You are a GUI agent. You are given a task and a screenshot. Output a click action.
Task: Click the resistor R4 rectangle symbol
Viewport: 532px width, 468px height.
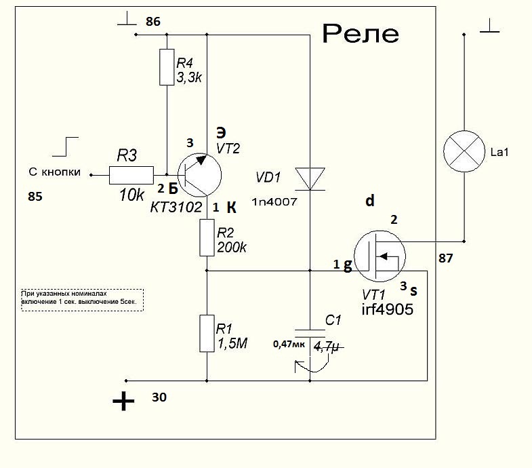coord(167,66)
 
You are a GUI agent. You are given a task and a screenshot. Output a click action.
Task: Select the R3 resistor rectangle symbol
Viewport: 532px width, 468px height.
coord(131,176)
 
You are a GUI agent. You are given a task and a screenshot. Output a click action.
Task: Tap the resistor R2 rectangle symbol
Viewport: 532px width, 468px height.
coord(207,237)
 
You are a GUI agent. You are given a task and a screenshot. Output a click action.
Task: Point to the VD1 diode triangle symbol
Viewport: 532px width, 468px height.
coord(309,179)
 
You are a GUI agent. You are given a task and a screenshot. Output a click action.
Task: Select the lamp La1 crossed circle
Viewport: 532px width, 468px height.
coord(464,152)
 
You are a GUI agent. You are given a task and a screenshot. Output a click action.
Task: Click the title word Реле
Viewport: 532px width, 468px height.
coord(360,33)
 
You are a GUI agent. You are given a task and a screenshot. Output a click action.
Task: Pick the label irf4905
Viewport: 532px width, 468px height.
coord(387,309)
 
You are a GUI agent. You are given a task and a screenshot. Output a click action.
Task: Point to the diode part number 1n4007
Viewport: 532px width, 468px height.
coord(274,202)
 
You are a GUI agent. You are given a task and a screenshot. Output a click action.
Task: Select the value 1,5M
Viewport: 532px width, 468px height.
coord(232,343)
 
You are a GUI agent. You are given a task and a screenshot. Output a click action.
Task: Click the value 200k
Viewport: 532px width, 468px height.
coord(232,248)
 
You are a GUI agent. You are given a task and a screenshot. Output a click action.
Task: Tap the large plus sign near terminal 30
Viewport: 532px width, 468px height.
coord(123,402)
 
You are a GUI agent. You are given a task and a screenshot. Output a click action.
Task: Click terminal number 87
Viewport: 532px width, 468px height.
coord(446,258)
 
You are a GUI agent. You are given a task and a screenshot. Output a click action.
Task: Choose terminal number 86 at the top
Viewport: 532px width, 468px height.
coord(153,22)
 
